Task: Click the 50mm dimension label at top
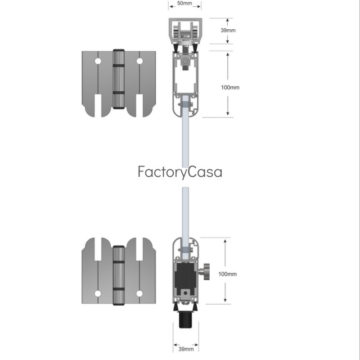coord(184,3)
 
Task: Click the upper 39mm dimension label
coord(228,30)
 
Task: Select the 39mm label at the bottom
coord(186,349)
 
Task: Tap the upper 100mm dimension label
coord(230,87)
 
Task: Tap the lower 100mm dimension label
coord(227,274)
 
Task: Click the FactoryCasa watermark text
coord(180,172)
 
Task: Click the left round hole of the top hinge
coord(98,61)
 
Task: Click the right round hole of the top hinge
coord(139,61)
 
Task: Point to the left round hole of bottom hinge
coord(98,294)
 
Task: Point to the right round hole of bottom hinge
coord(139,294)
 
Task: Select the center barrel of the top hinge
coord(119,79)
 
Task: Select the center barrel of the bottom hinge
coord(119,275)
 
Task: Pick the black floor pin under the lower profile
coord(185,320)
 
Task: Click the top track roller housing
coord(185,31)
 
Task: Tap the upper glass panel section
coord(185,131)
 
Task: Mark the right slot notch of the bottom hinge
coord(139,249)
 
